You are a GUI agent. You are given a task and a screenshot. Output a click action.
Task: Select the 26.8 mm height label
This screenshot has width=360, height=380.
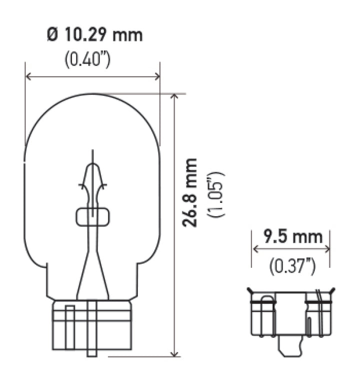tap(189, 193)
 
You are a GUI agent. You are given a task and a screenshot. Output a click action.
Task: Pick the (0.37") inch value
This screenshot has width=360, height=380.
tap(292, 266)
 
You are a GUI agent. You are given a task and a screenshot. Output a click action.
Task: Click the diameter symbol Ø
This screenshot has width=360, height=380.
tap(51, 35)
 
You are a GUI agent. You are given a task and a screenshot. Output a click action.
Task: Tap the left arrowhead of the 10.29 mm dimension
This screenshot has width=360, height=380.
tap(28, 77)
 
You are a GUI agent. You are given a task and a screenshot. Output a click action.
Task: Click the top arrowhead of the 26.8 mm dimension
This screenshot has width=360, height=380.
tap(174, 97)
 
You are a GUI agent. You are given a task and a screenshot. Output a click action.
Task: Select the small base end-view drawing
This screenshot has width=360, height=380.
tap(291, 318)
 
